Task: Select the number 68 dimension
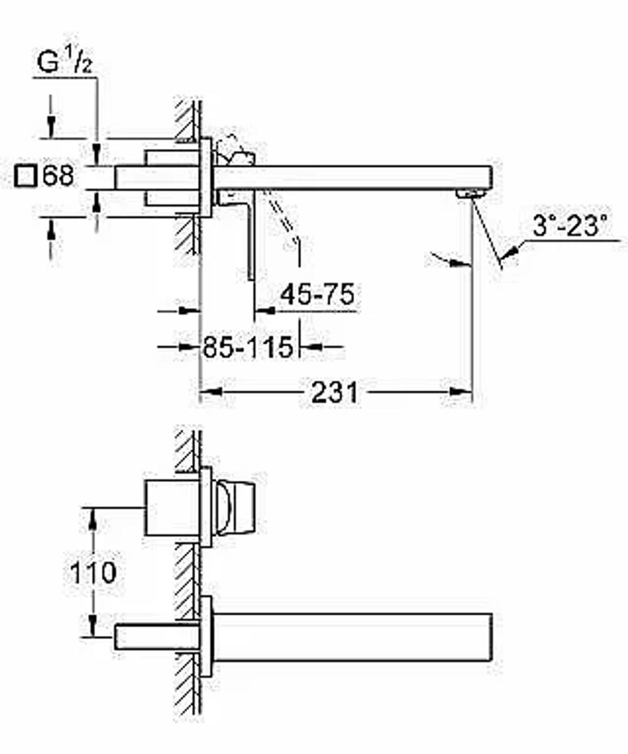click(x=58, y=175)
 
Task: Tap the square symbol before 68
click(x=26, y=176)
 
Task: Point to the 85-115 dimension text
click(x=248, y=347)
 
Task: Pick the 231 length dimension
click(x=335, y=393)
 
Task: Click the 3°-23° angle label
click(x=570, y=226)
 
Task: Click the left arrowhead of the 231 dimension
click(x=212, y=392)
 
